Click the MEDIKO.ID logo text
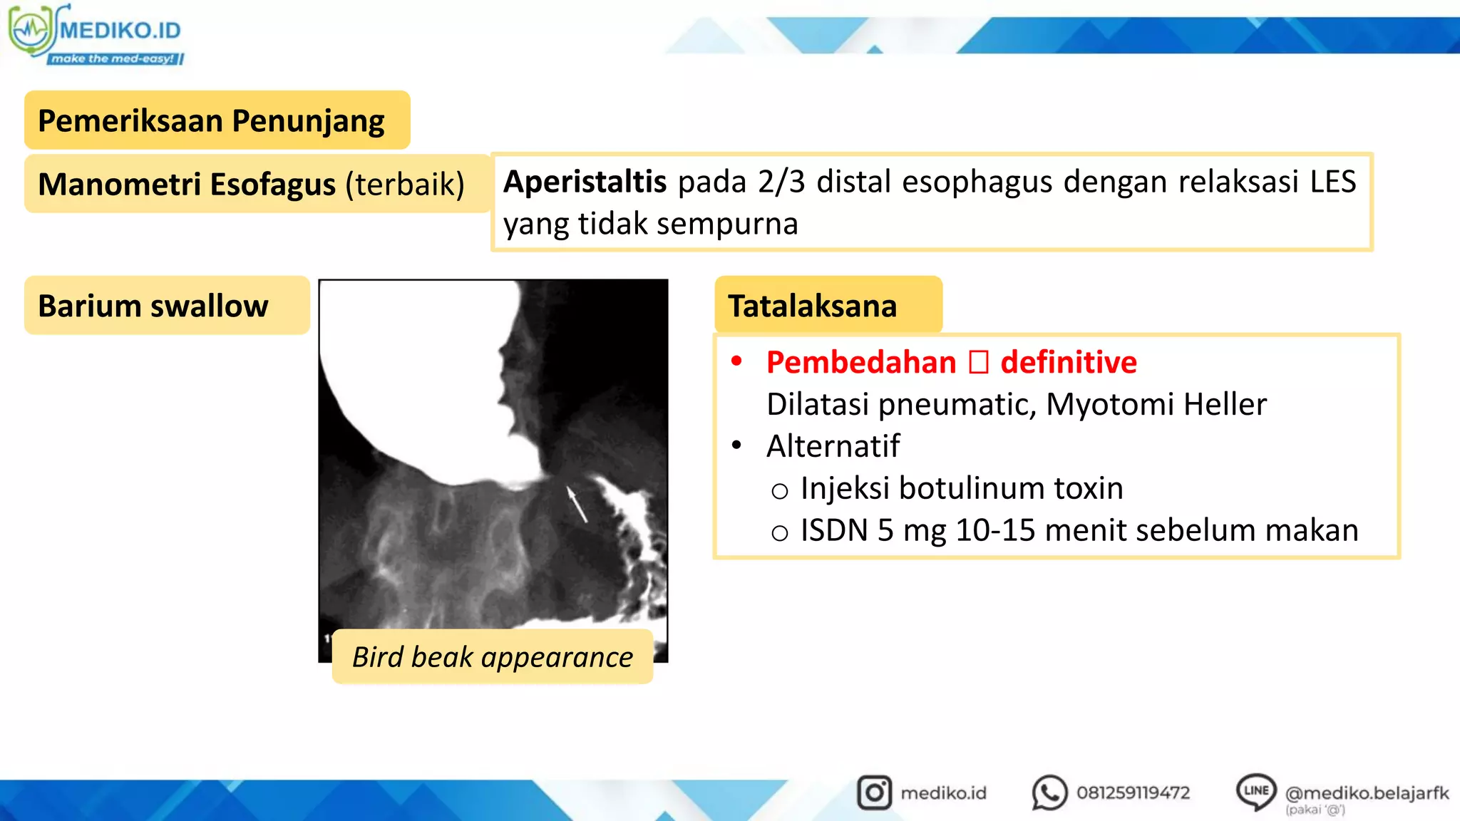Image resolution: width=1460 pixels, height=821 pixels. [x=120, y=31]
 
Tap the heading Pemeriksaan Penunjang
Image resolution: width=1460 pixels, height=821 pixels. [x=211, y=120]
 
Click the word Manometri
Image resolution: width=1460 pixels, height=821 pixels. [x=118, y=184]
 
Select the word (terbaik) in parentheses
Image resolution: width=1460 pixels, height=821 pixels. [x=404, y=184]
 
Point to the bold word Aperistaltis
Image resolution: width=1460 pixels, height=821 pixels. [x=585, y=182]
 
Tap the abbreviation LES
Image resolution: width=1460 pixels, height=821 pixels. [x=1332, y=182]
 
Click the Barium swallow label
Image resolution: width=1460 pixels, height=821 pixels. [x=153, y=306]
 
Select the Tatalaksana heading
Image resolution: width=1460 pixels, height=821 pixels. [x=812, y=306]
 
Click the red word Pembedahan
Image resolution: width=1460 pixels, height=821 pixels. [x=860, y=362]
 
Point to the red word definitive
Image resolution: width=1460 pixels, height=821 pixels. [x=1068, y=362]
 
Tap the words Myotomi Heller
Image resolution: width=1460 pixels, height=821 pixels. [x=1156, y=404]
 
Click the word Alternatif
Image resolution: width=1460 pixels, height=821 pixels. [x=833, y=446]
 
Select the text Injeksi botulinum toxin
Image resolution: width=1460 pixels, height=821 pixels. [x=961, y=488]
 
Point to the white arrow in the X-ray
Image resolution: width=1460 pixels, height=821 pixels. [x=577, y=503]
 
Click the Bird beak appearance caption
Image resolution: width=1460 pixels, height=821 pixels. [x=492, y=656]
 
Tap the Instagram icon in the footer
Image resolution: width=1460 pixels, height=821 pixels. [x=874, y=792]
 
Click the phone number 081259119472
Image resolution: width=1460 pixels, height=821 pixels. [x=1133, y=792]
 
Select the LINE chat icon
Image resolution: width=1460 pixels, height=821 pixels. [x=1255, y=791]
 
